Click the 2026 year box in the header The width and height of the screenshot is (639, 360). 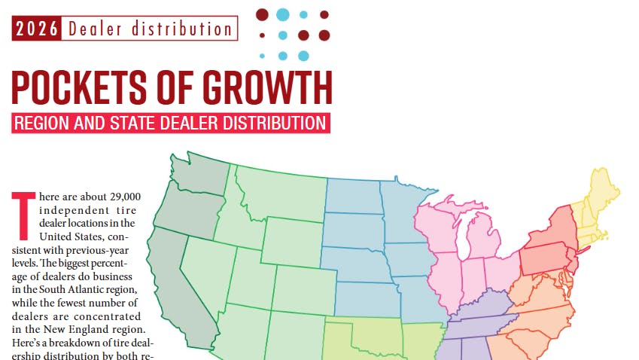[38, 29]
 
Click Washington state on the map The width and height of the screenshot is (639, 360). [199, 177]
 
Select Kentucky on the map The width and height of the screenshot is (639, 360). [482, 305]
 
